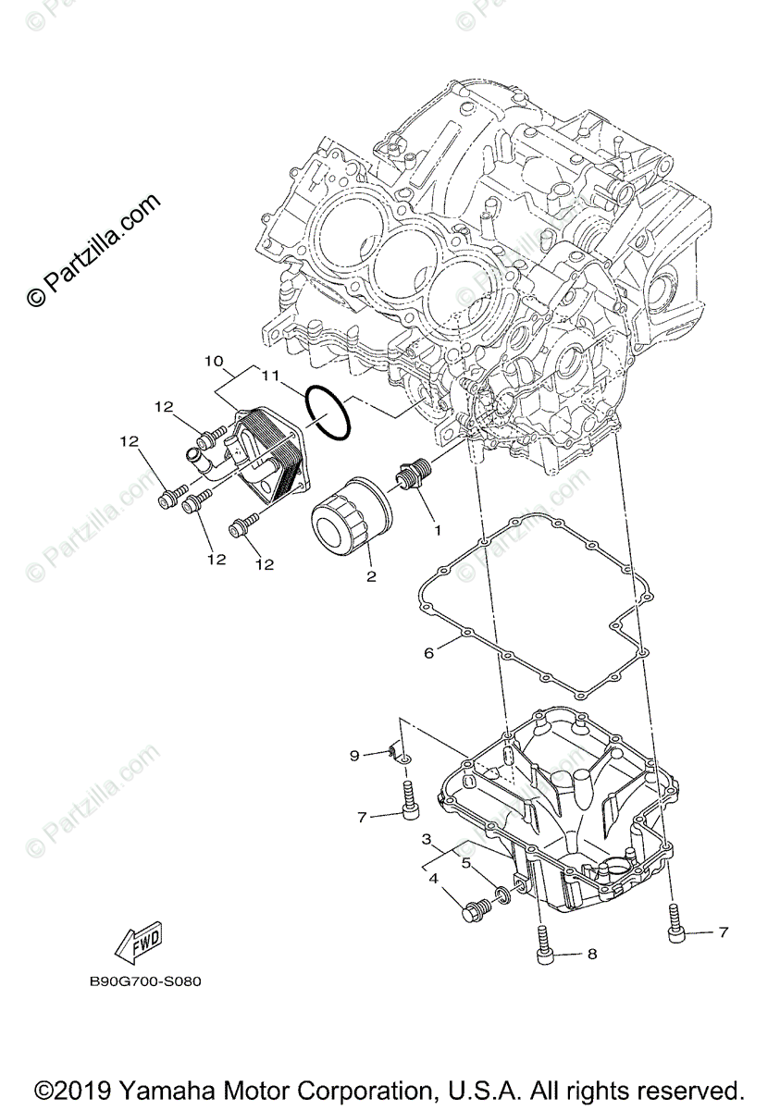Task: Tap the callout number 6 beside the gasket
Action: tap(428, 653)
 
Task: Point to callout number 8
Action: tap(592, 954)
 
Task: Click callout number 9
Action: tap(354, 756)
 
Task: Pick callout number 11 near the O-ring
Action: tap(269, 376)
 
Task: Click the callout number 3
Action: tap(427, 839)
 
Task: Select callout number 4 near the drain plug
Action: tap(432, 880)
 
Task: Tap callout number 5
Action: tap(466, 862)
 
